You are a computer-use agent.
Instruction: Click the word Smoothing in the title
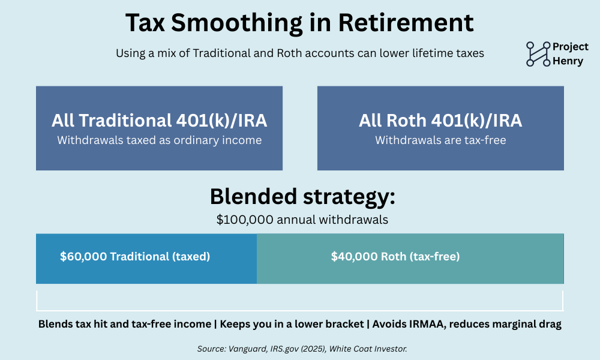[236, 23]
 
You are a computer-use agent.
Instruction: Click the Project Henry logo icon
[538, 54]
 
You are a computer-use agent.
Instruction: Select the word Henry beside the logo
[568, 61]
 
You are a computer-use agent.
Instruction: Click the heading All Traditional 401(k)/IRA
[159, 121]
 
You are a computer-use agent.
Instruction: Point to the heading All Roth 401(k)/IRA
[440, 121]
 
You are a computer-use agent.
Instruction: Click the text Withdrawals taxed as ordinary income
[159, 140]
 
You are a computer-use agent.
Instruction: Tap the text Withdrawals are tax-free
[440, 140]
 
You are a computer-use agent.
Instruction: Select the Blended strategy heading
[302, 197]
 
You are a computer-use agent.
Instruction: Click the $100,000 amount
[245, 220]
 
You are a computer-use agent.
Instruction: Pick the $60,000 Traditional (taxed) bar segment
[146, 259]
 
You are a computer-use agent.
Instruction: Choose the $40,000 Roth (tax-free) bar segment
[410, 259]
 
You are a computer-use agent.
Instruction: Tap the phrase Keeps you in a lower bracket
[292, 325]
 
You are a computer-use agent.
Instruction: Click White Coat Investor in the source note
[368, 349]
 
